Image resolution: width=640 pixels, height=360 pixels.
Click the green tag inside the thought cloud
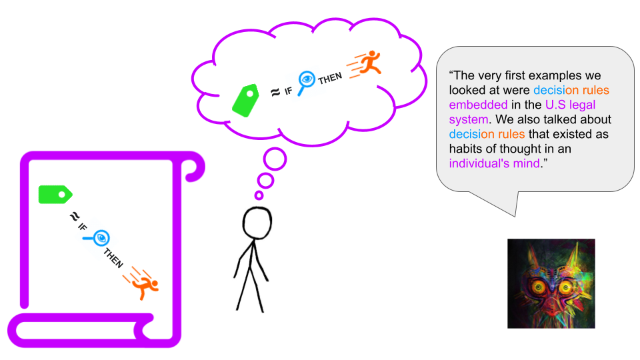point(246,101)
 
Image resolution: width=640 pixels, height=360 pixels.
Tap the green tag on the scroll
point(55,195)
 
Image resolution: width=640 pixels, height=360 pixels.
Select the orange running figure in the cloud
point(364,64)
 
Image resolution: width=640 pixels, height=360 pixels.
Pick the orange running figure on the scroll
point(141,283)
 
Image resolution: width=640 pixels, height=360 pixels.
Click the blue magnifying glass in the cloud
point(306,82)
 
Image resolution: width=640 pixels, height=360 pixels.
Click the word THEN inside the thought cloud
point(330,78)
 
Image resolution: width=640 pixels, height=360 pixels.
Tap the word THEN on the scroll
point(113,258)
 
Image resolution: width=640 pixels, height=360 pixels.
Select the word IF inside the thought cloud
point(288,91)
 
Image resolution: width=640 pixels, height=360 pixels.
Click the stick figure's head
point(257,223)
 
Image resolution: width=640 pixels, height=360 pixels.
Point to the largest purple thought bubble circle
point(275,159)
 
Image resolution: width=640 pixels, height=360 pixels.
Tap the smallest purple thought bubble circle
point(259,195)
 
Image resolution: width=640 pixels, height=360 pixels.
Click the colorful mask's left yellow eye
point(539,287)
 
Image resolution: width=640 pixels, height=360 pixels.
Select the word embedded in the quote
point(479,105)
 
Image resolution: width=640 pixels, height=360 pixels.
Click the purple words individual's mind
point(494,164)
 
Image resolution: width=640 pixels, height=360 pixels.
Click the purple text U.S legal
point(570,105)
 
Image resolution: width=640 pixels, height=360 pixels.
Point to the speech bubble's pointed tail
point(515,216)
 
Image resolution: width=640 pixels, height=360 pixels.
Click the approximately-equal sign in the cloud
point(275,93)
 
